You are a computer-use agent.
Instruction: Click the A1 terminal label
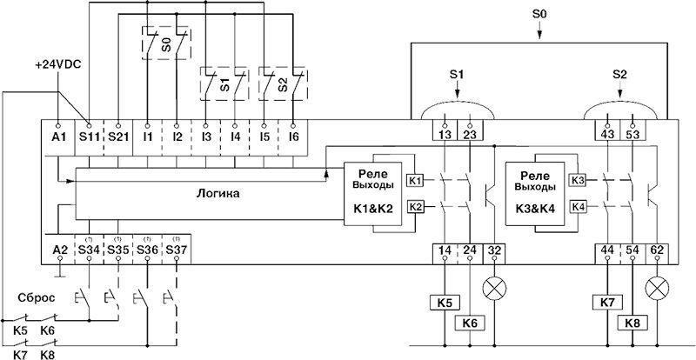(x=58, y=137)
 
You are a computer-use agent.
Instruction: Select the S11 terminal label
(x=88, y=137)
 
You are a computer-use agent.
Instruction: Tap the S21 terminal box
(x=117, y=137)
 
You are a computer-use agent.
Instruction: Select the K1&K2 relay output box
(x=372, y=197)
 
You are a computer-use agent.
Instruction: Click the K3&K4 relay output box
(x=532, y=197)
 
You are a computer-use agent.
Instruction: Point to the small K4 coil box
(x=578, y=206)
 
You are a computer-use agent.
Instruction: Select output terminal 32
(x=497, y=251)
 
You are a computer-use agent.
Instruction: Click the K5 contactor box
(x=444, y=303)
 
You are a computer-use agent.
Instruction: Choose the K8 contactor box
(x=632, y=323)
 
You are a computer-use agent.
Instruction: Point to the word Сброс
(x=38, y=297)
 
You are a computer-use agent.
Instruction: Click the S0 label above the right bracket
(x=539, y=16)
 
